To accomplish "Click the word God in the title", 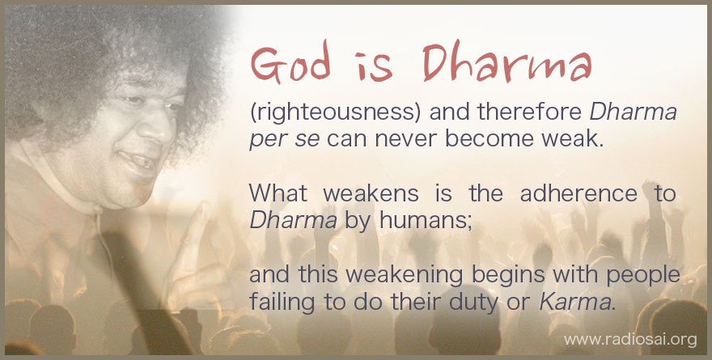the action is (x=290, y=64).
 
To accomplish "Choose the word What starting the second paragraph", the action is (x=278, y=193).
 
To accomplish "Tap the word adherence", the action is (x=578, y=193).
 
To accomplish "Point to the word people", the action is (x=643, y=276).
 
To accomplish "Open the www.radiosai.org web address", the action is (x=629, y=340).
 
